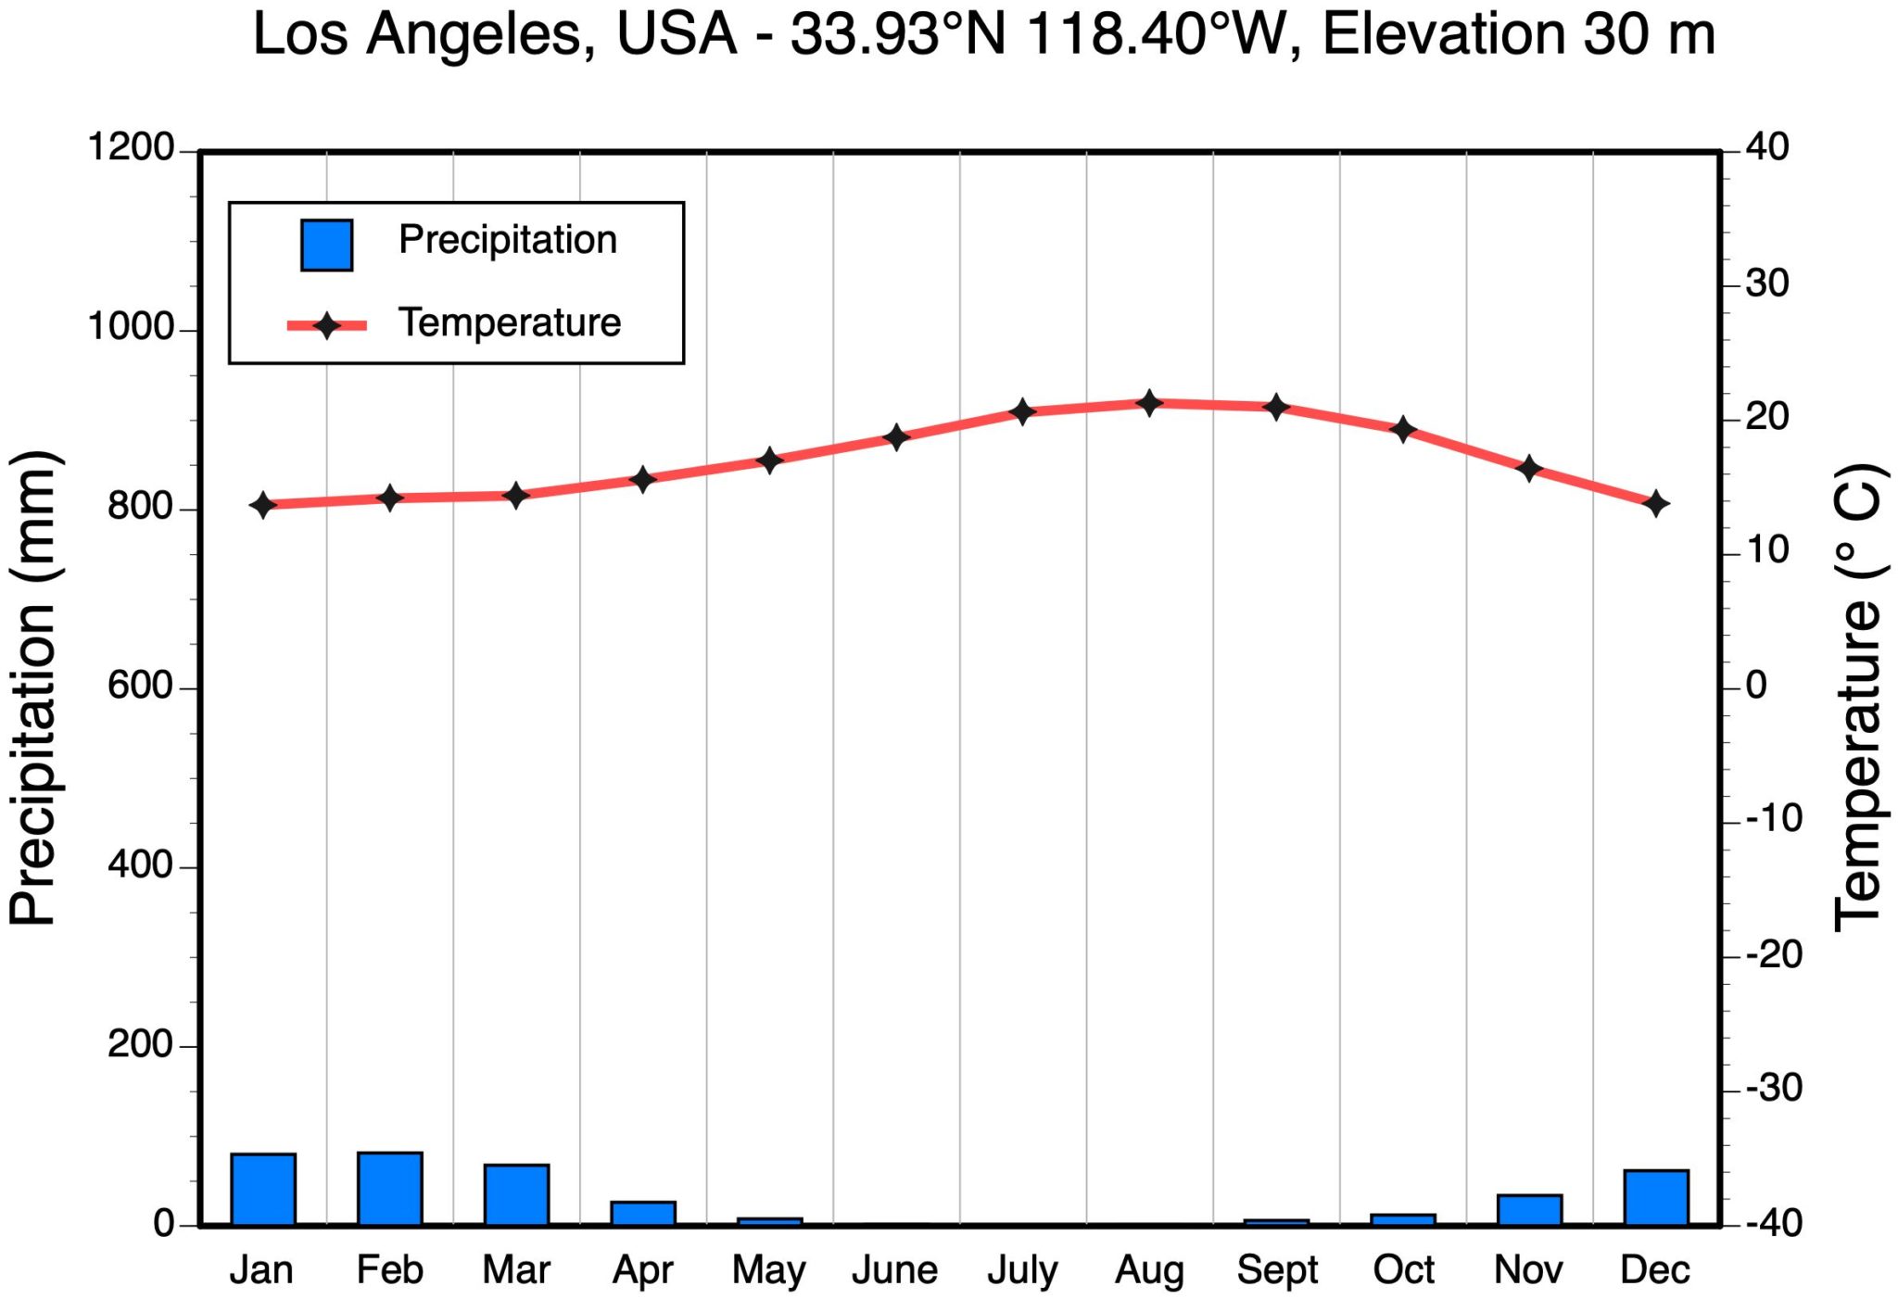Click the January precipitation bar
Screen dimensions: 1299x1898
tap(263, 1189)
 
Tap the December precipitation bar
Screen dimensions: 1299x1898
tap(1656, 1197)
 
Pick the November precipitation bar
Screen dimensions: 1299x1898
tap(1529, 1209)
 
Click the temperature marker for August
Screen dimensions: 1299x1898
tap(1150, 403)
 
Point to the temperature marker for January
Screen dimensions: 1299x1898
tap(263, 505)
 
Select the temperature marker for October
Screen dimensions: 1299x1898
tap(1403, 429)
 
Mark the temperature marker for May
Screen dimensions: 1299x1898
tap(769, 460)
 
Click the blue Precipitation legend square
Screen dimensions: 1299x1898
tap(326, 246)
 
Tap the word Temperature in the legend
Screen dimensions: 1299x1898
tap(510, 323)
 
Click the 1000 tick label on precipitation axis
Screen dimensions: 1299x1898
tap(130, 327)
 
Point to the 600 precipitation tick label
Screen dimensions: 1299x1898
tap(140, 686)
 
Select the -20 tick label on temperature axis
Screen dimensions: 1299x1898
tap(1774, 954)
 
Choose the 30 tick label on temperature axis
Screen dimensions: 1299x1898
tap(1766, 284)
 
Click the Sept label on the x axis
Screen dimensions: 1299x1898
tap(1276, 1270)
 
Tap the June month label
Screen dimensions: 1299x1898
tap(894, 1270)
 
